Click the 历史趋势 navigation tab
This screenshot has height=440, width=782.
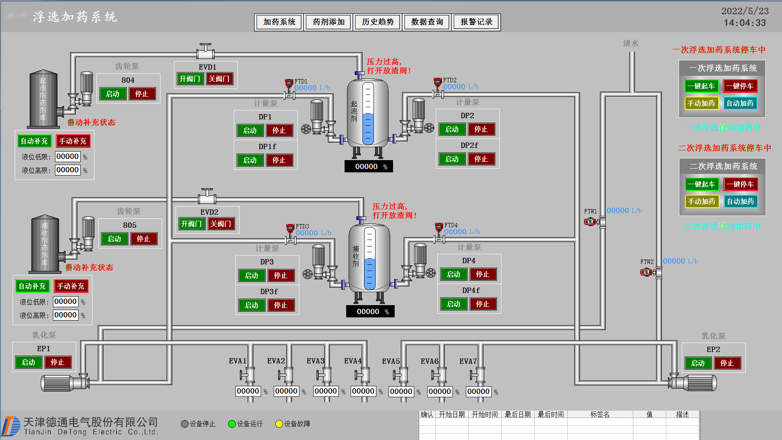click(x=378, y=22)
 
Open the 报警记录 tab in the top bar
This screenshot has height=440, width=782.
click(x=476, y=22)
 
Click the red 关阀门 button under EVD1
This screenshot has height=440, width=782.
click(x=220, y=79)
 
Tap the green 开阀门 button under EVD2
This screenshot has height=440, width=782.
click(x=191, y=224)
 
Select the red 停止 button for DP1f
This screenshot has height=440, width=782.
click(x=279, y=160)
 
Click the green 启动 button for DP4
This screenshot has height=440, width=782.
click(x=453, y=274)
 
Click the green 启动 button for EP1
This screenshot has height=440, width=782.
click(x=29, y=362)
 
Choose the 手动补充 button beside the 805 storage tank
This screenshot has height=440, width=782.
click(x=71, y=286)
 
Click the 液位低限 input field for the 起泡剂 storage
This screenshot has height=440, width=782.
click(x=68, y=156)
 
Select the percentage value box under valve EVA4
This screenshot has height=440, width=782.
click(x=363, y=391)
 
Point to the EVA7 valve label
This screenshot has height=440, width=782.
click(x=468, y=361)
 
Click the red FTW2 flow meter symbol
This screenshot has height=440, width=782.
click(x=646, y=272)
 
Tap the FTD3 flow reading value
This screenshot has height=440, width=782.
click(x=307, y=233)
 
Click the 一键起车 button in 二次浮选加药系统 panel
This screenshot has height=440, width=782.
click(x=701, y=184)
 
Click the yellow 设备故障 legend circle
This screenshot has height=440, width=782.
click(x=279, y=424)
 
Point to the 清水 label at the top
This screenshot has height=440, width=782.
click(x=630, y=44)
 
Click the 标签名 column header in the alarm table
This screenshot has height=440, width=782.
click(x=600, y=414)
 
